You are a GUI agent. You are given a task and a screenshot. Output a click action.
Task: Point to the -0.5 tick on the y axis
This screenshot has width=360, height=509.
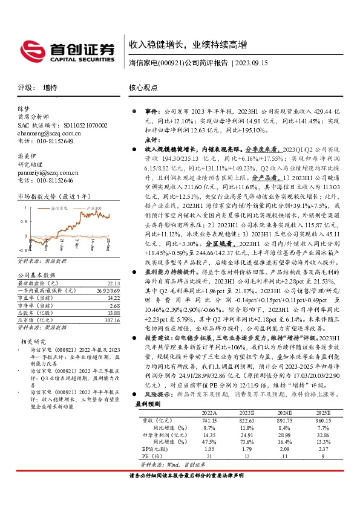pyautogui.click(x=22, y=250)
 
